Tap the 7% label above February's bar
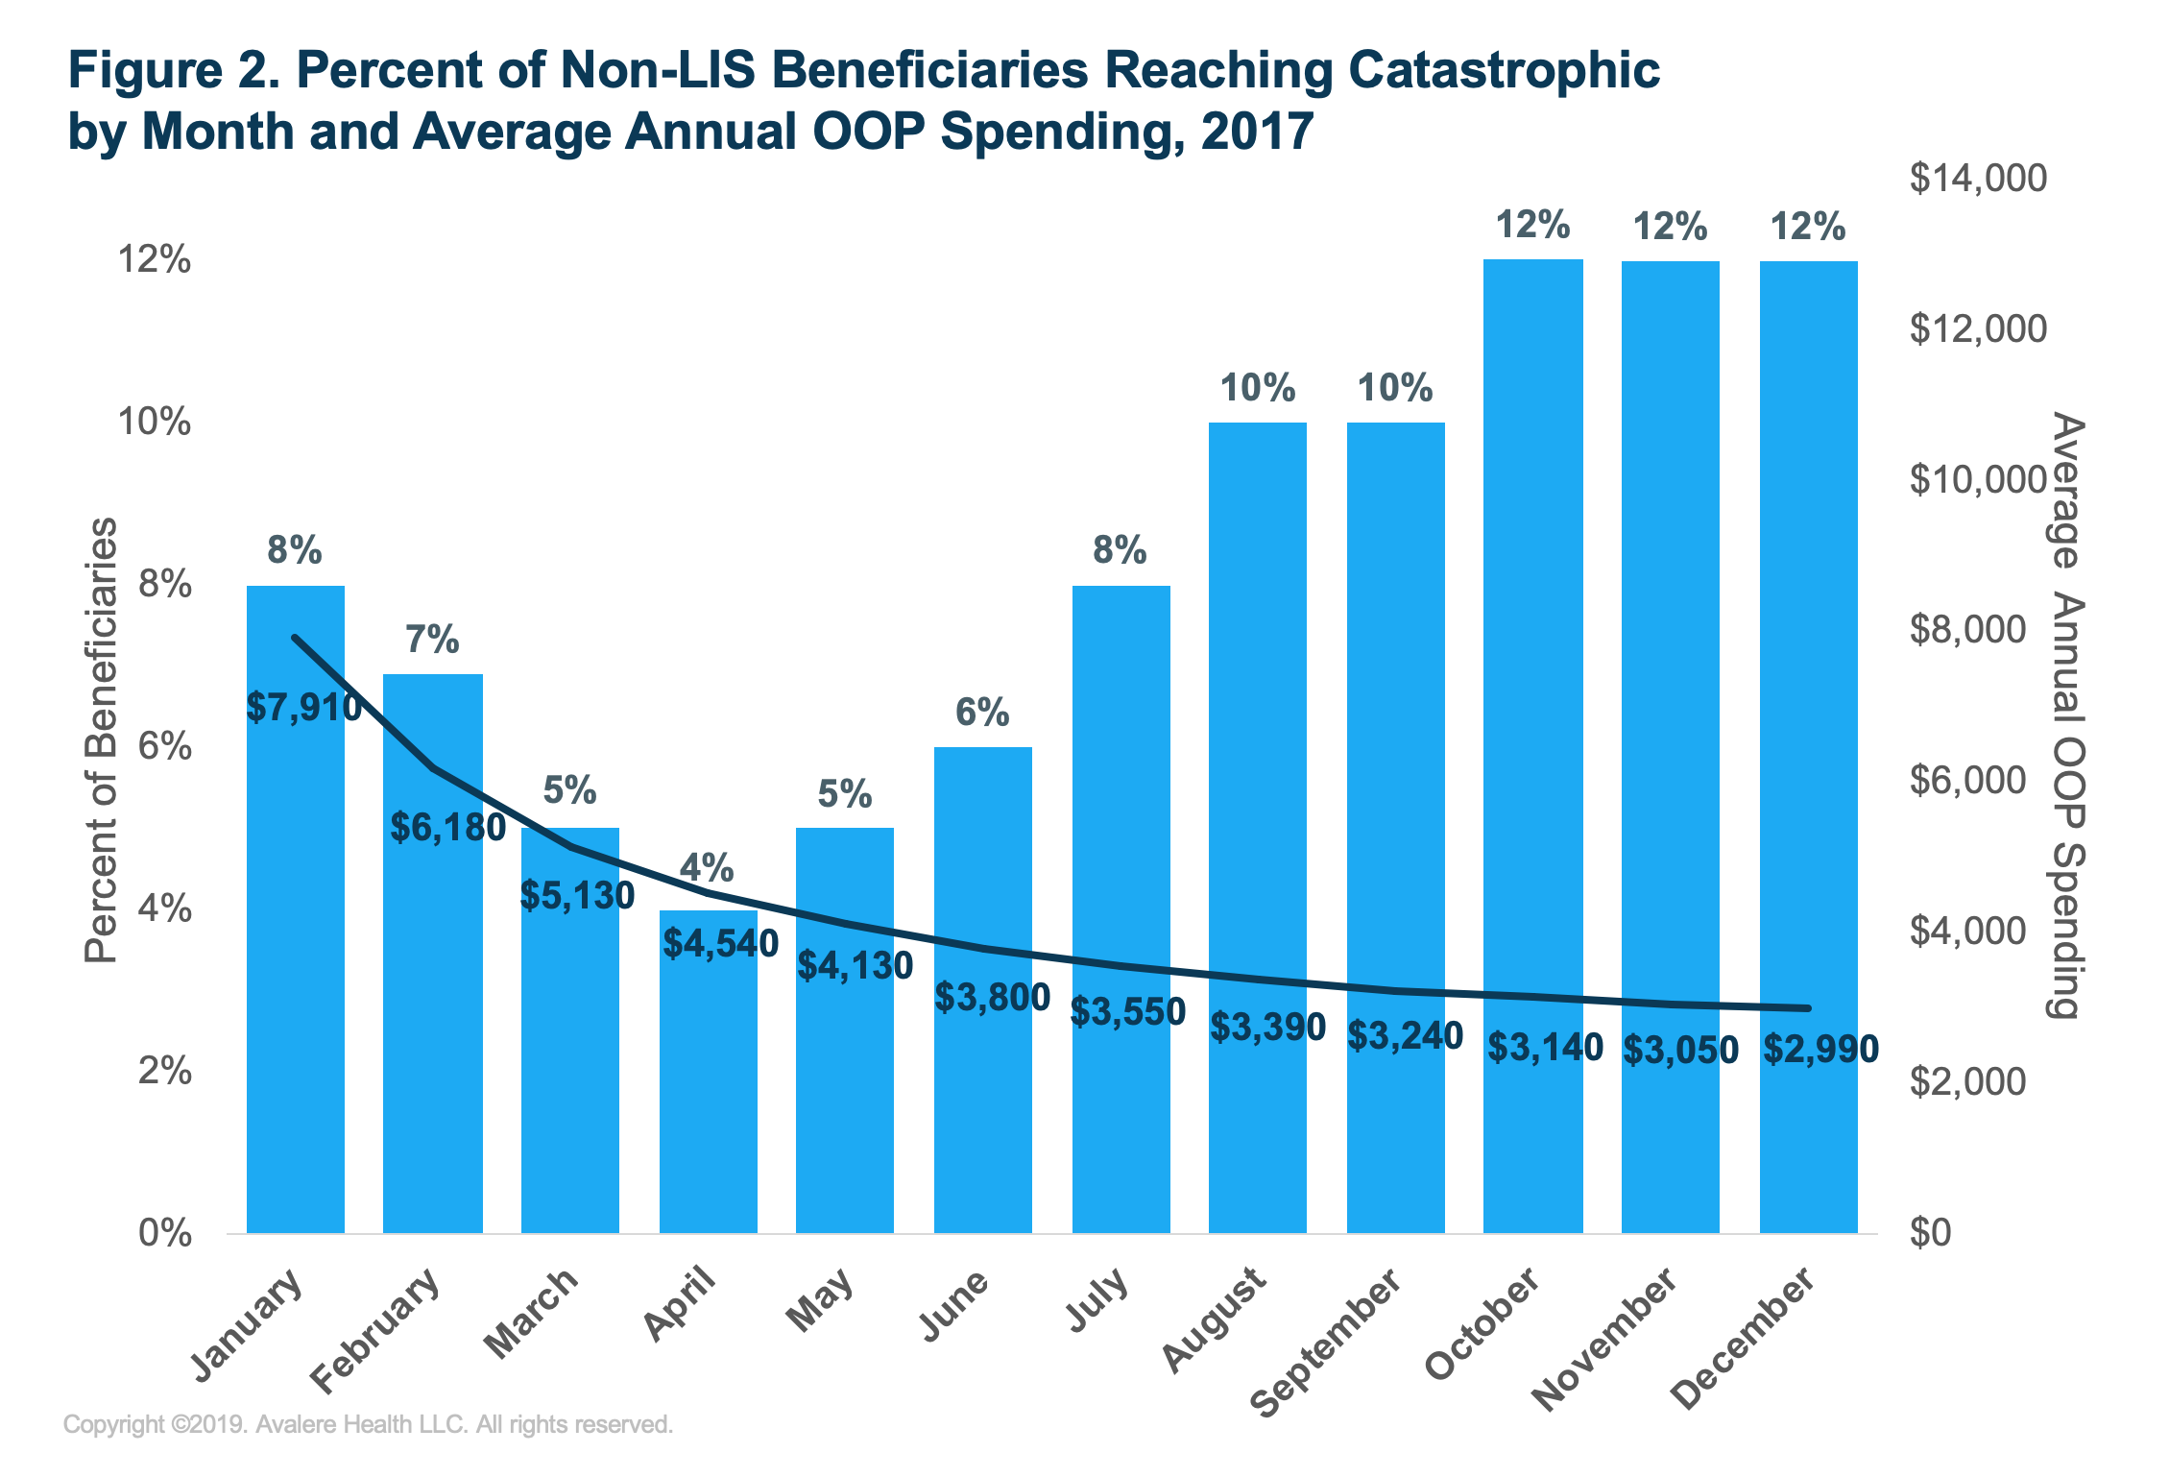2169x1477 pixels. (x=432, y=640)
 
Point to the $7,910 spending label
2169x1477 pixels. (x=304, y=708)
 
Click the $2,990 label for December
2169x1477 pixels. (x=1820, y=1049)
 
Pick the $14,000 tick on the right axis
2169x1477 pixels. (x=1978, y=179)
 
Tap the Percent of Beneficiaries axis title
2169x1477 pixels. (x=101, y=739)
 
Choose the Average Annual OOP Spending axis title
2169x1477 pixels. (x=2065, y=715)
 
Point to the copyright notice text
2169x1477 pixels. (x=368, y=1424)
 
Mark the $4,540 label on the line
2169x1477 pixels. (x=720, y=943)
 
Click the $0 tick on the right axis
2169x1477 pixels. (x=1930, y=1232)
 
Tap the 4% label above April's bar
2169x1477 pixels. (x=707, y=868)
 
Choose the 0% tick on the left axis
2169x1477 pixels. (x=164, y=1233)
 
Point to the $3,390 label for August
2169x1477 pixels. (x=1267, y=1027)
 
